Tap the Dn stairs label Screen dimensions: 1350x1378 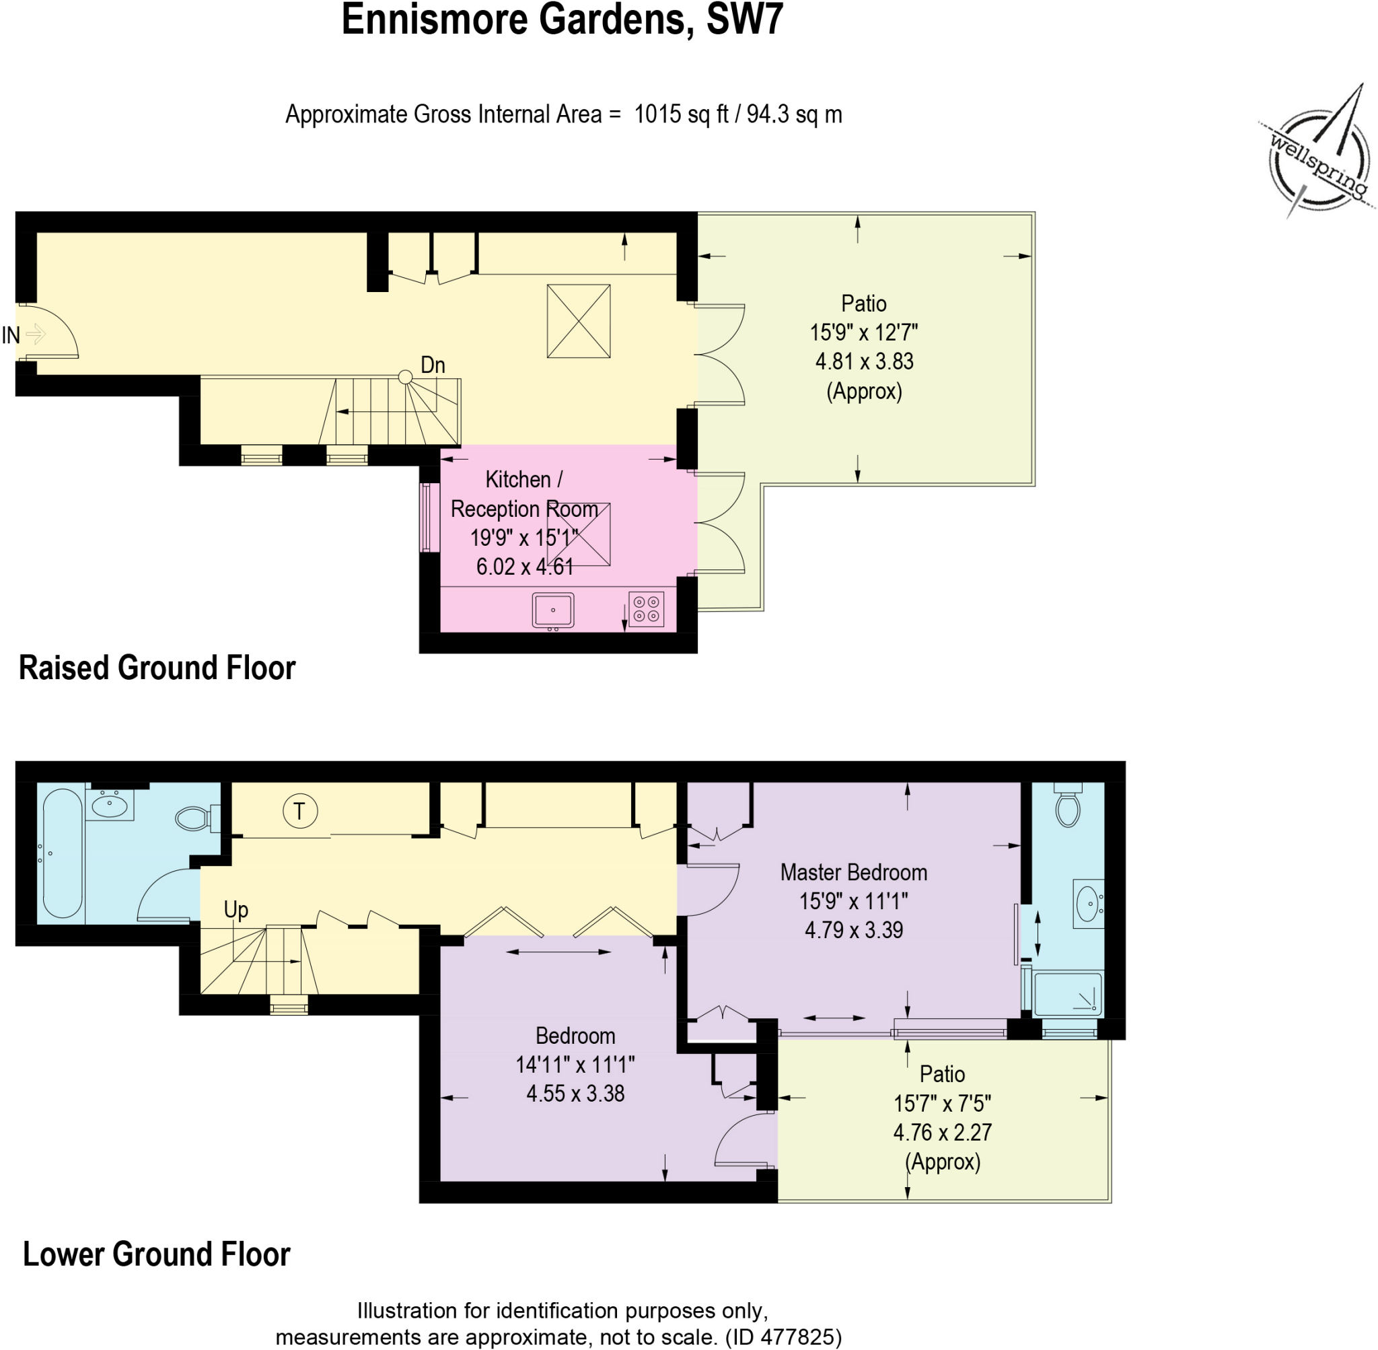tap(433, 365)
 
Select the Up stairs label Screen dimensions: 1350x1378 tap(235, 910)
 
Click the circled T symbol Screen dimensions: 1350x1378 tap(300, 810)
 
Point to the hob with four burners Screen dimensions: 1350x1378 tap(646, 609)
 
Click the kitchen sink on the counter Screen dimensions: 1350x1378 tap(553, 610)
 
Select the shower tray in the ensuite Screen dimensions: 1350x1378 tap(1068, 993)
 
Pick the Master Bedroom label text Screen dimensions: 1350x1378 tap(853, 872)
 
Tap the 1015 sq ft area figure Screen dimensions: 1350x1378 tap(681, 114)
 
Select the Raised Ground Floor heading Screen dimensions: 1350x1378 tap(157, 668)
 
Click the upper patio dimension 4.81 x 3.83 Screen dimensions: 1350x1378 tap(864, 361)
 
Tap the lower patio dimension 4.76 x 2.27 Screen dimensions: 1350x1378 tap(942, 1133)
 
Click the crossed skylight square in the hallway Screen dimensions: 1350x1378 tap(579, 321)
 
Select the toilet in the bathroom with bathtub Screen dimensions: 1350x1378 tap(194, 819)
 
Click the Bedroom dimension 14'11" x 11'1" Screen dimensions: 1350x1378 tap(575, 1064)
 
